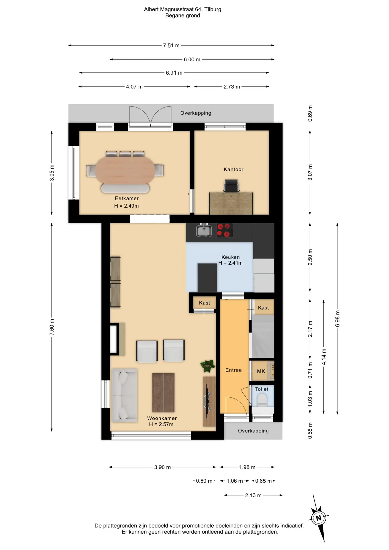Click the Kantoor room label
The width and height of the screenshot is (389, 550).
[x=233, y=169]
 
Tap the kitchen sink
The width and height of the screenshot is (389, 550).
[x=204, y=230]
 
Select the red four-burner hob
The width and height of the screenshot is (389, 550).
[x=225, y=230]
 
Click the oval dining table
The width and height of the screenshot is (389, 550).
[x=125, y=171]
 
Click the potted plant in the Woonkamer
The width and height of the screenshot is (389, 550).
[x=208, y=366]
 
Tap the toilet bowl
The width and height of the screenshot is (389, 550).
[x=262, y=400]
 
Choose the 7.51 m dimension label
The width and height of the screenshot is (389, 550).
[x=171, y=45]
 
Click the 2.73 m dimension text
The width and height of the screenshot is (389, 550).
[x=232, y=87]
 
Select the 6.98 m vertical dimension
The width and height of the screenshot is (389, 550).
[x=337, y=319]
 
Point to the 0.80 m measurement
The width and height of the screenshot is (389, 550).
[x=204, y=481]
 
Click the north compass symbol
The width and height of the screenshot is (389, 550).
[x=319, y=518]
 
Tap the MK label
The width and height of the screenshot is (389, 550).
[x=261, y=371]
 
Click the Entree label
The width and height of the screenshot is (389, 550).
[x=233, y=370]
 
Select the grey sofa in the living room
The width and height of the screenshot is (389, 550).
[x=125, y=395]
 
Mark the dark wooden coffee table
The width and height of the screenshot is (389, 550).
[x=163, y=392]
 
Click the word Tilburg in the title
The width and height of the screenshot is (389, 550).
[x=213, y=9]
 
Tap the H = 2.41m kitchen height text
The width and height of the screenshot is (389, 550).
[x=230, y=263]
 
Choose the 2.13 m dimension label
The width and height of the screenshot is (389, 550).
[x=253, y=495]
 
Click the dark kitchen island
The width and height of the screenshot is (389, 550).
[x=207, y=278]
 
